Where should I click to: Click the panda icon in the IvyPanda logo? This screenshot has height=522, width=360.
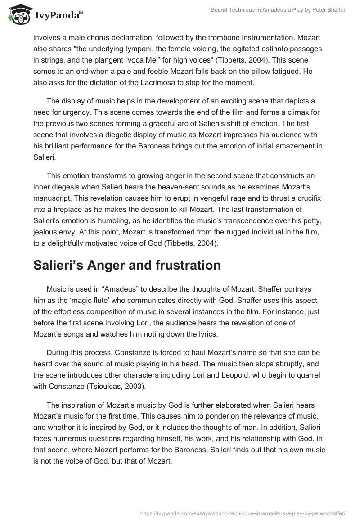click(18, 15)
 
